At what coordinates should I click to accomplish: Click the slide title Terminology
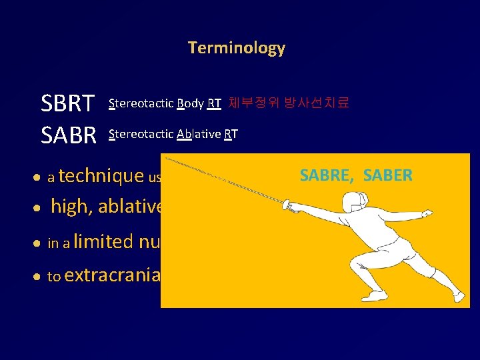tap(237, 48)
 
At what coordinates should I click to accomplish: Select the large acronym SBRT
tap(68, 104)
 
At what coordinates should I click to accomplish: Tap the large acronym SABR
tap(69, 135)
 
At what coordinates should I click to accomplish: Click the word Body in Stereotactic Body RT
tap(189, 103)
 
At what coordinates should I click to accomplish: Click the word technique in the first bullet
tap(101, 176)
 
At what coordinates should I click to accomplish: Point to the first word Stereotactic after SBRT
tap(140, 103)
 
